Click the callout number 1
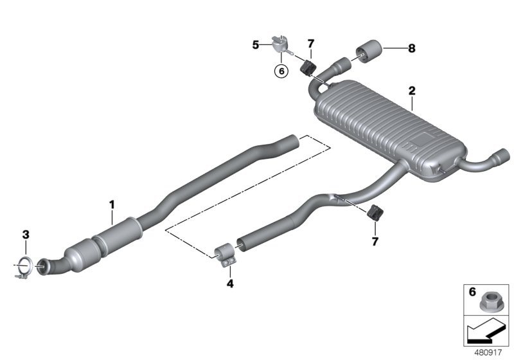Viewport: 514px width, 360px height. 111,205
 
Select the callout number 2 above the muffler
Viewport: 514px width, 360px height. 411,91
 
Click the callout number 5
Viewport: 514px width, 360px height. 255,44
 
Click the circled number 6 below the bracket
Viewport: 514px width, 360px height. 280,71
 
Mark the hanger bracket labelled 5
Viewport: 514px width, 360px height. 278,44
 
